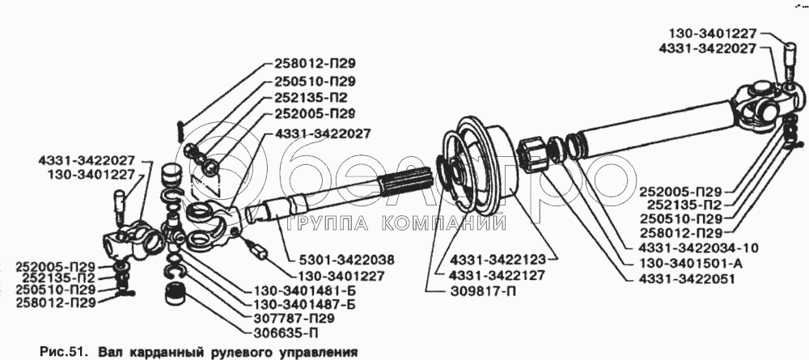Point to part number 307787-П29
(294, 319)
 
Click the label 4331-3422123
(498, 259)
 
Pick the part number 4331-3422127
(498, 275)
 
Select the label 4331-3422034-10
(699, 248)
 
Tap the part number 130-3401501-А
(691, 264)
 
